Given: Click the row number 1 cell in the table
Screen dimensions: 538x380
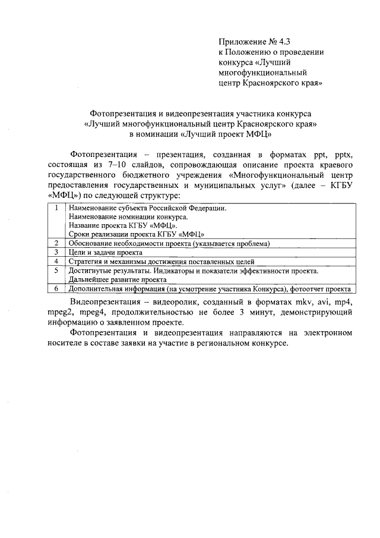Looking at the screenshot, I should click(x=55, y=209).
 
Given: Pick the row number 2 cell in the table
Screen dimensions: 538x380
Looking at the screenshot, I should click(x=55, y=244).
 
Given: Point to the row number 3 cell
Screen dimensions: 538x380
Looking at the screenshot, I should click(x=55, y=252).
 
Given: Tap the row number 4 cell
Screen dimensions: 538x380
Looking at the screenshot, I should click(x=55, y=261).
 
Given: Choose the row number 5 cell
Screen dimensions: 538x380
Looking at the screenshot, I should click(x=55, y=270).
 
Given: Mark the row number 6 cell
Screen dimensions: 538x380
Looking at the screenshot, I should click(x=55, y=289).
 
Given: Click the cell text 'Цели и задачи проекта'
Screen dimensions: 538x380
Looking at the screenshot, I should click(x=106, y=253).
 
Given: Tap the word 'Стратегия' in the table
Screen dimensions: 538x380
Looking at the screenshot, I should click(x=85, y=262).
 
